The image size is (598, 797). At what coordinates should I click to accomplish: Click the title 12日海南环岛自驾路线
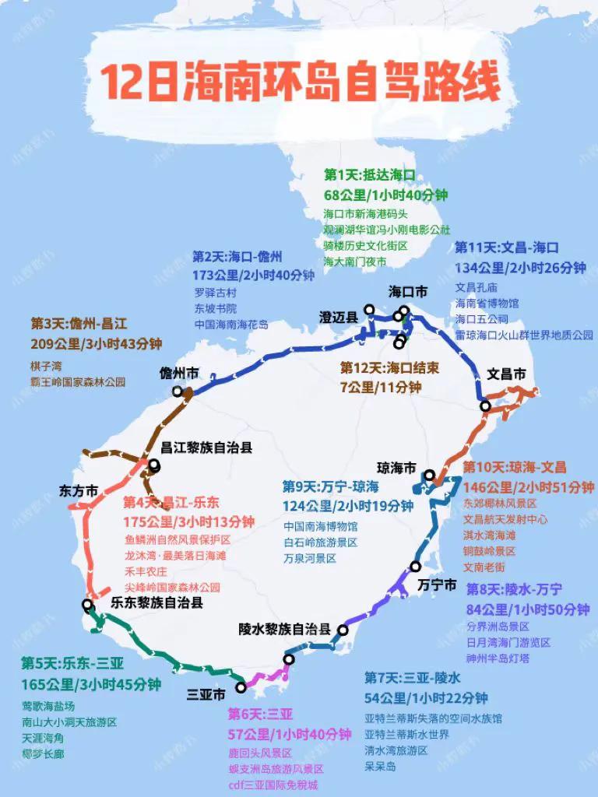pos(299,83)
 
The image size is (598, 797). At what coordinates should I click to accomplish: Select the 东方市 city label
pos(79,491)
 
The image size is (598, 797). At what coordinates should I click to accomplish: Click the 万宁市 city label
pos(437,585)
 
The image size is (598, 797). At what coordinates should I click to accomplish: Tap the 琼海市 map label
pos(396,468)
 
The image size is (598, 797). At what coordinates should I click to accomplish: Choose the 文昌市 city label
pos(506,374)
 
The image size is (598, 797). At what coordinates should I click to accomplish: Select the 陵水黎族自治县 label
pos(285,629)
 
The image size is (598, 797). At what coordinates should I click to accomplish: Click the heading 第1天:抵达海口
pos(370,175)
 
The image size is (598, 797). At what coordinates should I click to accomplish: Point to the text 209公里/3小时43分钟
pos(97,343)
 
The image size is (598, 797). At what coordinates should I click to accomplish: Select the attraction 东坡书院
pos(215,309)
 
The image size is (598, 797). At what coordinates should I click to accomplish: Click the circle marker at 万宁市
pos(416,567)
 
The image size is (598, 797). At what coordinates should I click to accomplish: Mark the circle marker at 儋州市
pos(178,391)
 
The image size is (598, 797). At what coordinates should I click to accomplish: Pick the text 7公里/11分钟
pos(381,386)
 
